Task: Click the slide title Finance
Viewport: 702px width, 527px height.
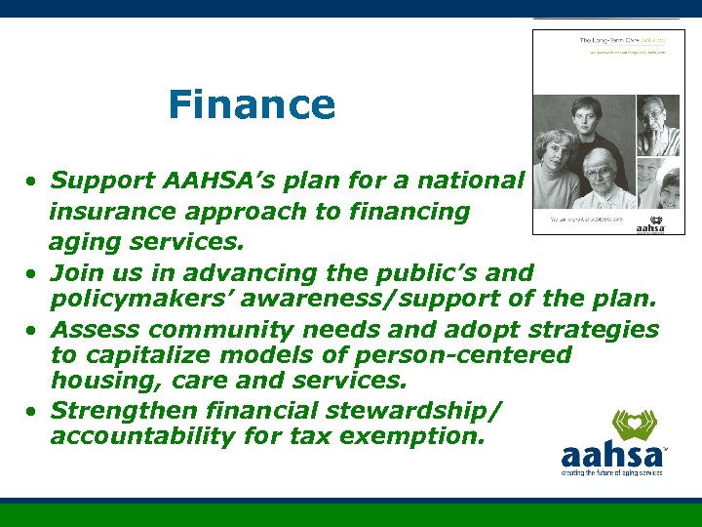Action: (252, 104)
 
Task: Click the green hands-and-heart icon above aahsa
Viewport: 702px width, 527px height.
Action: (634, 426)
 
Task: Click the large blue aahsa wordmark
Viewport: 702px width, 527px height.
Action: (611, 455)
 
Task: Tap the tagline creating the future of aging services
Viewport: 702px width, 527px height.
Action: (611, 472)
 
